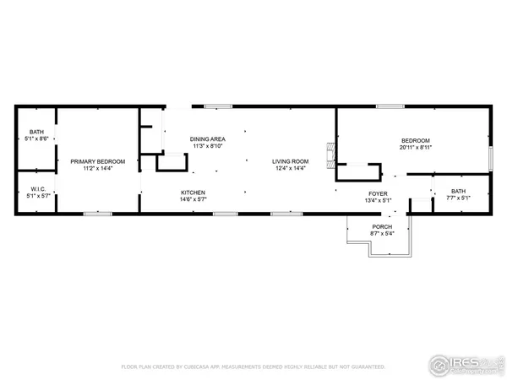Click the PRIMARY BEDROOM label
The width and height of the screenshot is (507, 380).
pos(98,161)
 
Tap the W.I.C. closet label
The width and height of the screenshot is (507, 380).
pos(36,189)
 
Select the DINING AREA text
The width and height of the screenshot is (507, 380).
pos(207,139)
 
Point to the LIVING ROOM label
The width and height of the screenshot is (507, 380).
pos(290,161)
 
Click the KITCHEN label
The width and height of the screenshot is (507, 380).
pos(193,193)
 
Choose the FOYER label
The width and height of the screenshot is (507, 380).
pos(376,193)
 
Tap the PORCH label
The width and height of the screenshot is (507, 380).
pos(382,227)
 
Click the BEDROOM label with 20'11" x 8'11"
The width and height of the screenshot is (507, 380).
pos(415,140)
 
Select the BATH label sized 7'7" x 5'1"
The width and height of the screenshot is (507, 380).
pos(458,192)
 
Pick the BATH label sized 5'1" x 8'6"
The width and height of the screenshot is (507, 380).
pos(36,132)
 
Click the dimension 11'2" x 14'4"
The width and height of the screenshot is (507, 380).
pos(98,168)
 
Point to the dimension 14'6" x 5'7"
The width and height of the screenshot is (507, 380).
pos(193,199)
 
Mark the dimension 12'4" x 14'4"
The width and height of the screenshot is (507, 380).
pos(290,168)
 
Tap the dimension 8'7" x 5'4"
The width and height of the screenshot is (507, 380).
pos(382,234)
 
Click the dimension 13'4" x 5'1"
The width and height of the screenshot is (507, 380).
pos(376,200)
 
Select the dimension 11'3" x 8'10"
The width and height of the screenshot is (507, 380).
pos(207,146)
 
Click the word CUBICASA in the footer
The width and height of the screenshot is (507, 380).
pos(216,367)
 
